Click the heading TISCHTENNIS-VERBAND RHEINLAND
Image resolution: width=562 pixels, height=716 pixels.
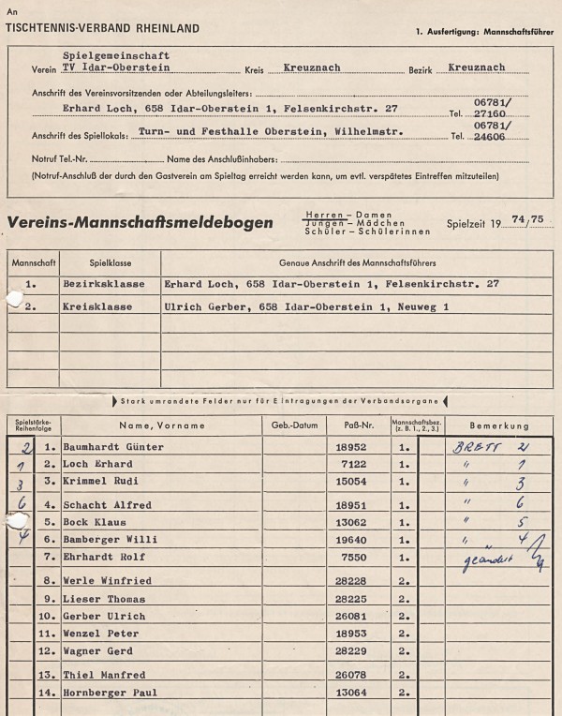coord(102,29)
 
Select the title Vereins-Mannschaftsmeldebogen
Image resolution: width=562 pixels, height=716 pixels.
coord(140,223)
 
